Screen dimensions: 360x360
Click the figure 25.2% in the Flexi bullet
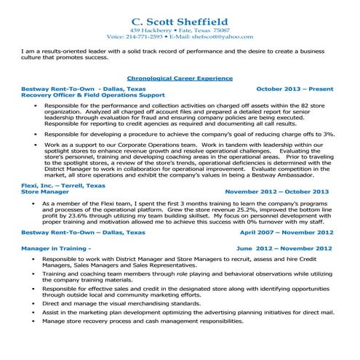point(221,209)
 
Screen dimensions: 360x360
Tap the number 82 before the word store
point(314,105)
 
